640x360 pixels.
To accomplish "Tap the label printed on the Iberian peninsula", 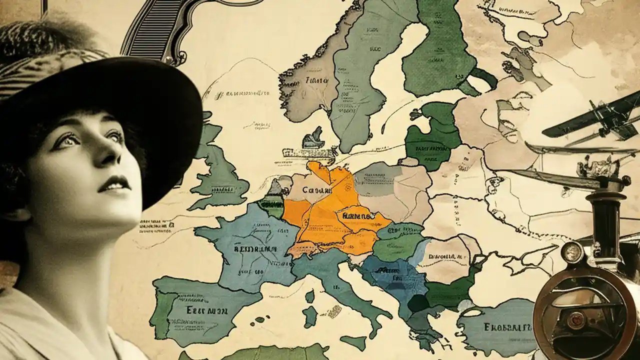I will point(207,310).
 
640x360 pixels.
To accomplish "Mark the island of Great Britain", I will point(220,170).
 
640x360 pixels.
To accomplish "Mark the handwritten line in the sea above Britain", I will point(247,93).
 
